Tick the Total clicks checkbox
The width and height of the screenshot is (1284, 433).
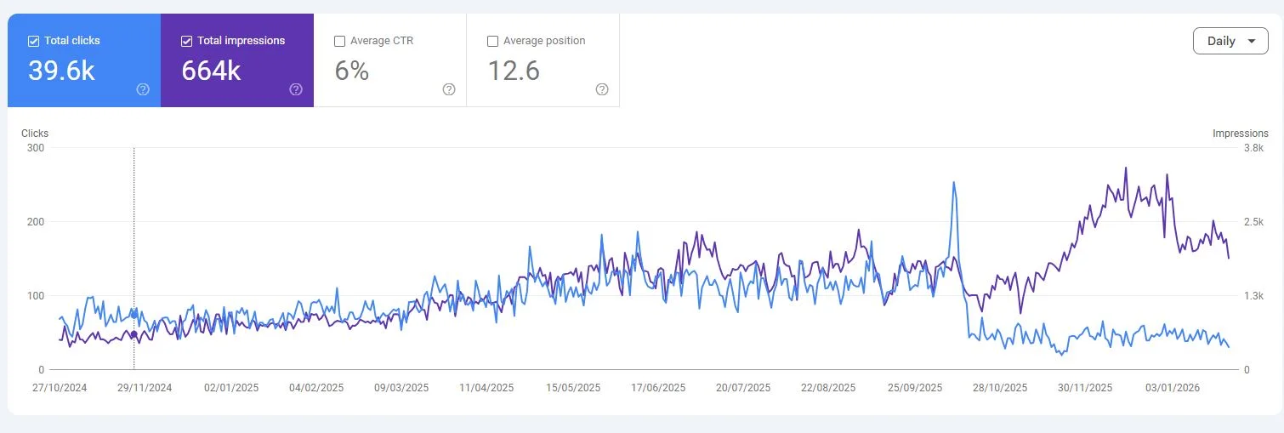[x=33, y=41]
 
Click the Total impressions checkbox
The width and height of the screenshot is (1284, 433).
[x=186, y=41]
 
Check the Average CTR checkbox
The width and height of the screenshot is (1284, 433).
[x=339, y=41]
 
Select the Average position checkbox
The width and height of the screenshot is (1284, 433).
[x=492, y=41]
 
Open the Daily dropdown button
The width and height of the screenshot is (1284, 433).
[x=1230, y=41]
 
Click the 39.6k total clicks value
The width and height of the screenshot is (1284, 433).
[x=61, y=71]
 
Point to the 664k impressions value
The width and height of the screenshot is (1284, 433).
[x=211, y=71]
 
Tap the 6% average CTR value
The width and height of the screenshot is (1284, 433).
[x=351, y=71]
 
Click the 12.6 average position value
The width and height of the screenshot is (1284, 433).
[x=514, y=71]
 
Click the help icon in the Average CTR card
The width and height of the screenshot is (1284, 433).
[x=449, y=89]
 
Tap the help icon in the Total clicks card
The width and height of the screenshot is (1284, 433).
[x=143, y=89]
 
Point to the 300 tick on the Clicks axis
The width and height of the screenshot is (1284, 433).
[x=36, y=148]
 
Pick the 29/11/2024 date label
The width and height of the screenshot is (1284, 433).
[x=145, y=388]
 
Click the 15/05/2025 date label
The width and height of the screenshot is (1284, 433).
[x=573, y=388]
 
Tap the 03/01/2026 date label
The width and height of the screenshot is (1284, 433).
[x=1172, y=388]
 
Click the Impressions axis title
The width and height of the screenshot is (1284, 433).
[x=1240, y=134]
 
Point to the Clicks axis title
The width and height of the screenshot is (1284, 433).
[x=35, y=134]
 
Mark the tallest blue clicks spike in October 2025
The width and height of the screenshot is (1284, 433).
[x=953, y=182]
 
